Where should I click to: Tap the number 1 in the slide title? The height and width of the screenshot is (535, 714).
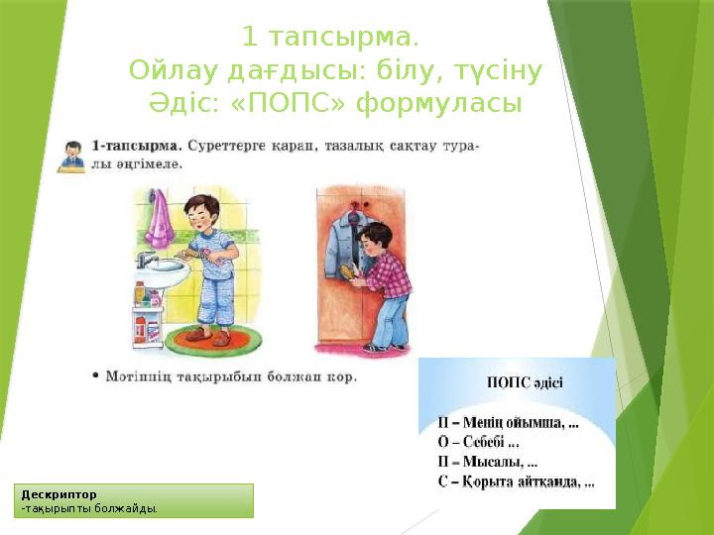[249, 39]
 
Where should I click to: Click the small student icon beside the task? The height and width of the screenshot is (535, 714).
[71, 157]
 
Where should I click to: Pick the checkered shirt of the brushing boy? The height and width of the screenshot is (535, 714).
[388, 273]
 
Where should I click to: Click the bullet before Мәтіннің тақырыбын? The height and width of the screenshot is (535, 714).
[93, 377]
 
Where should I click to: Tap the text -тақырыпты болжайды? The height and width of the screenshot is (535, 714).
[89, 508]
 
